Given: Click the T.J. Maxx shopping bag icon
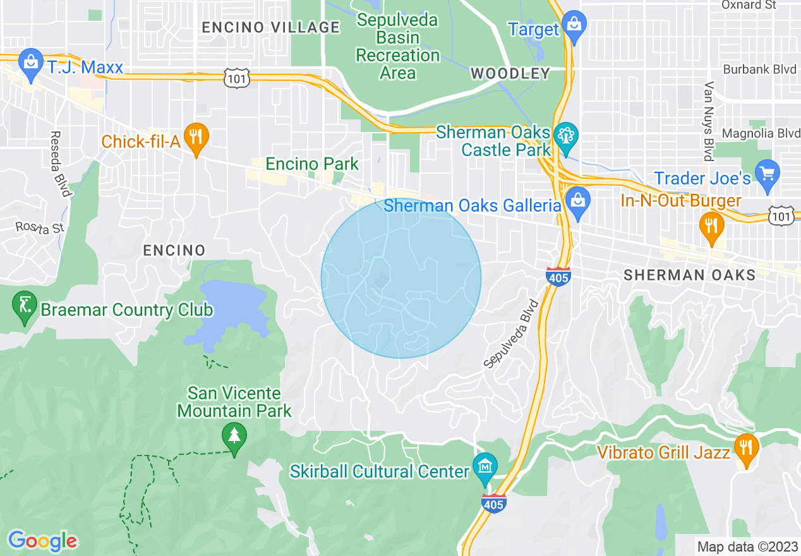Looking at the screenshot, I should point(30,61).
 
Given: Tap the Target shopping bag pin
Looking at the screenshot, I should point(574,25).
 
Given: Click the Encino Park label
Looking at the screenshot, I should point(312,164).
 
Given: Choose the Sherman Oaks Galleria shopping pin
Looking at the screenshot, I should point(577,201).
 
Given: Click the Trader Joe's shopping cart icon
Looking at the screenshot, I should point(768,174).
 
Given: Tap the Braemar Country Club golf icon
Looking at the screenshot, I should point(25,306).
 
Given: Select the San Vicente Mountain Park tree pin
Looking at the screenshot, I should point(234,435).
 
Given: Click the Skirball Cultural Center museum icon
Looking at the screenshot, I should point(485,466).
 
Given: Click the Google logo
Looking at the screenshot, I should point(43,541).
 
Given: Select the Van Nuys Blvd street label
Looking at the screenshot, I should point(709,121).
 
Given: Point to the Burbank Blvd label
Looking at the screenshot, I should point(759,69).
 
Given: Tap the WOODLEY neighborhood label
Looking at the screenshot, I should point(510,74).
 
